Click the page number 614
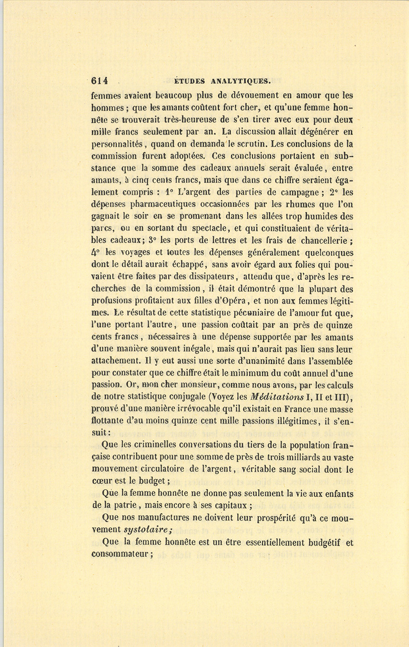(99, 81)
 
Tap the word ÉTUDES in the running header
(190, 82)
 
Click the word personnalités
(117, 144)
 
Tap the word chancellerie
(323, 241)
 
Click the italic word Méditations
(276, 397)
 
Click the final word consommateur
(120, 554)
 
